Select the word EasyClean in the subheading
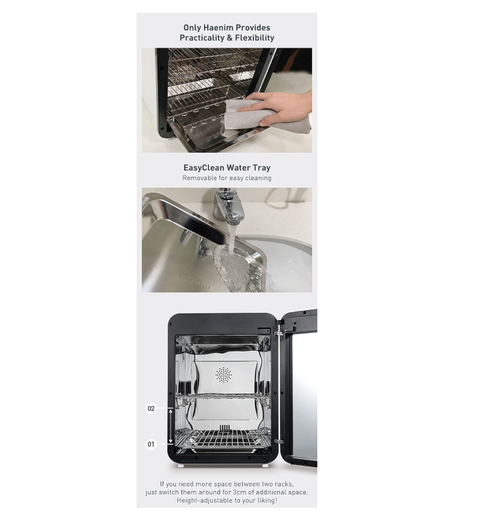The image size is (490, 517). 203,168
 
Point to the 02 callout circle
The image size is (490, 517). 151,408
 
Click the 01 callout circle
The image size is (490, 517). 151,444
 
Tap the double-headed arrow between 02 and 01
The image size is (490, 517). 171,426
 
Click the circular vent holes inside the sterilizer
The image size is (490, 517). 224,375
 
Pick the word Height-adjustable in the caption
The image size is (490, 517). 199,500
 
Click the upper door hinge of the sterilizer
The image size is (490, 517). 278,332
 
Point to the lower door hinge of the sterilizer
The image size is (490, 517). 279,441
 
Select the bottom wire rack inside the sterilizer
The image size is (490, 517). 223,438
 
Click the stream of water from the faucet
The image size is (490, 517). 231,241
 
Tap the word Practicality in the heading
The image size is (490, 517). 202,37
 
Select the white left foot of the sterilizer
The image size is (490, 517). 180,466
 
